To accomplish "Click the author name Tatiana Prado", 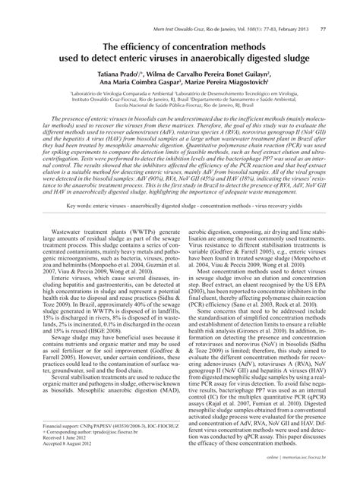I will pyautogui.click(x=117, y=56).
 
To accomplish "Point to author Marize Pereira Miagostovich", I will pyautogui.click(x=239, y=65).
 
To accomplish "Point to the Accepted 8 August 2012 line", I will pyautogui.click(x=62, y=455).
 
